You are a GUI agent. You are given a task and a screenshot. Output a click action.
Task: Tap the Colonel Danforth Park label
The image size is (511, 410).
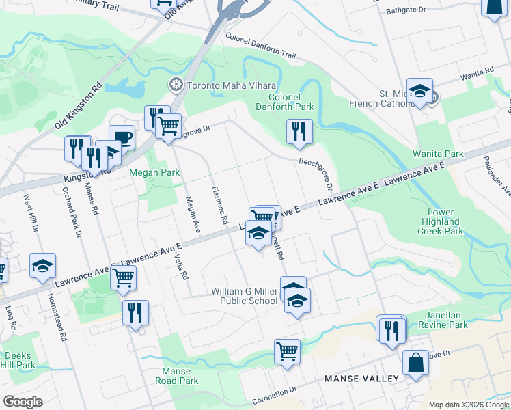tap(285, 101)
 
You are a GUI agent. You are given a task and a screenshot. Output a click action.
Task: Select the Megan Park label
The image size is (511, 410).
tap(155, 173)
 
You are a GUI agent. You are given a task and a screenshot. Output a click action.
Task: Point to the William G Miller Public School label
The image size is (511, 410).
tap(245, 296)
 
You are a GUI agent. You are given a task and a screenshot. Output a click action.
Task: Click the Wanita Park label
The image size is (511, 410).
tap(438, 154)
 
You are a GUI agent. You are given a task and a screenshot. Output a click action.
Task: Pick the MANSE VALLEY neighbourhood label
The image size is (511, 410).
tap(362, 379)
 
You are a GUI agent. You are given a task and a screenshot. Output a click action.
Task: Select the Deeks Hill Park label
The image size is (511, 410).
tap(18, 360)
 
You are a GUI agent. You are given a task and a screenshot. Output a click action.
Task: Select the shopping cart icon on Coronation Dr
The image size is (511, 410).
tap(288, 351)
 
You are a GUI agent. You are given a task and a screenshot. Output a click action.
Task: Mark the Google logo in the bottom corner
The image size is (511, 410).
tap(23, 402)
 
